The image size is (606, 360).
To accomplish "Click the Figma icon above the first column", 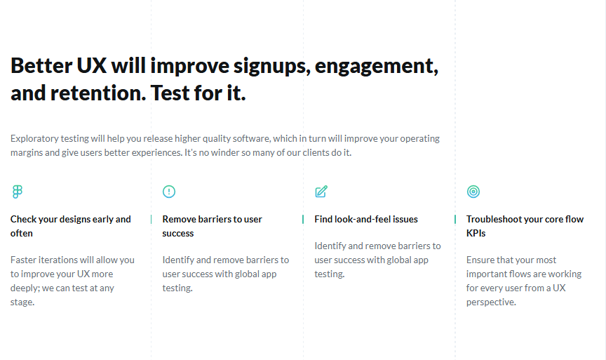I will click(x=17, y=192).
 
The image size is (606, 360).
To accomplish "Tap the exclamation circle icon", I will click(x=169, y=192).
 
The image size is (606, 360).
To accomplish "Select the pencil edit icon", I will click(x=321, y=192).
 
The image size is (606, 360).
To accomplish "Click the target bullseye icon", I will click(x=473, y=192).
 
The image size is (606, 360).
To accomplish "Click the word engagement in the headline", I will click(x=376, y=66).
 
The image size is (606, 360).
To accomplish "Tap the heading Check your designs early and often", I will click(x=70, y=226).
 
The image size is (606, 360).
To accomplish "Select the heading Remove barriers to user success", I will click(x=212, y=226).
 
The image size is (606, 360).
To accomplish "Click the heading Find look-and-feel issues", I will click(x=366, y=219).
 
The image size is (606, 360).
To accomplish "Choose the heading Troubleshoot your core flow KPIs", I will click(x=525, y=226).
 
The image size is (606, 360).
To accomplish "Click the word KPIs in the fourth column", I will click(x=476, y=233).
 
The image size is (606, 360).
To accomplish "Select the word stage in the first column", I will click(x=22, y=302).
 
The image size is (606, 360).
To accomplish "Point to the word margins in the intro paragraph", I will click(x=27, y=152).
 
